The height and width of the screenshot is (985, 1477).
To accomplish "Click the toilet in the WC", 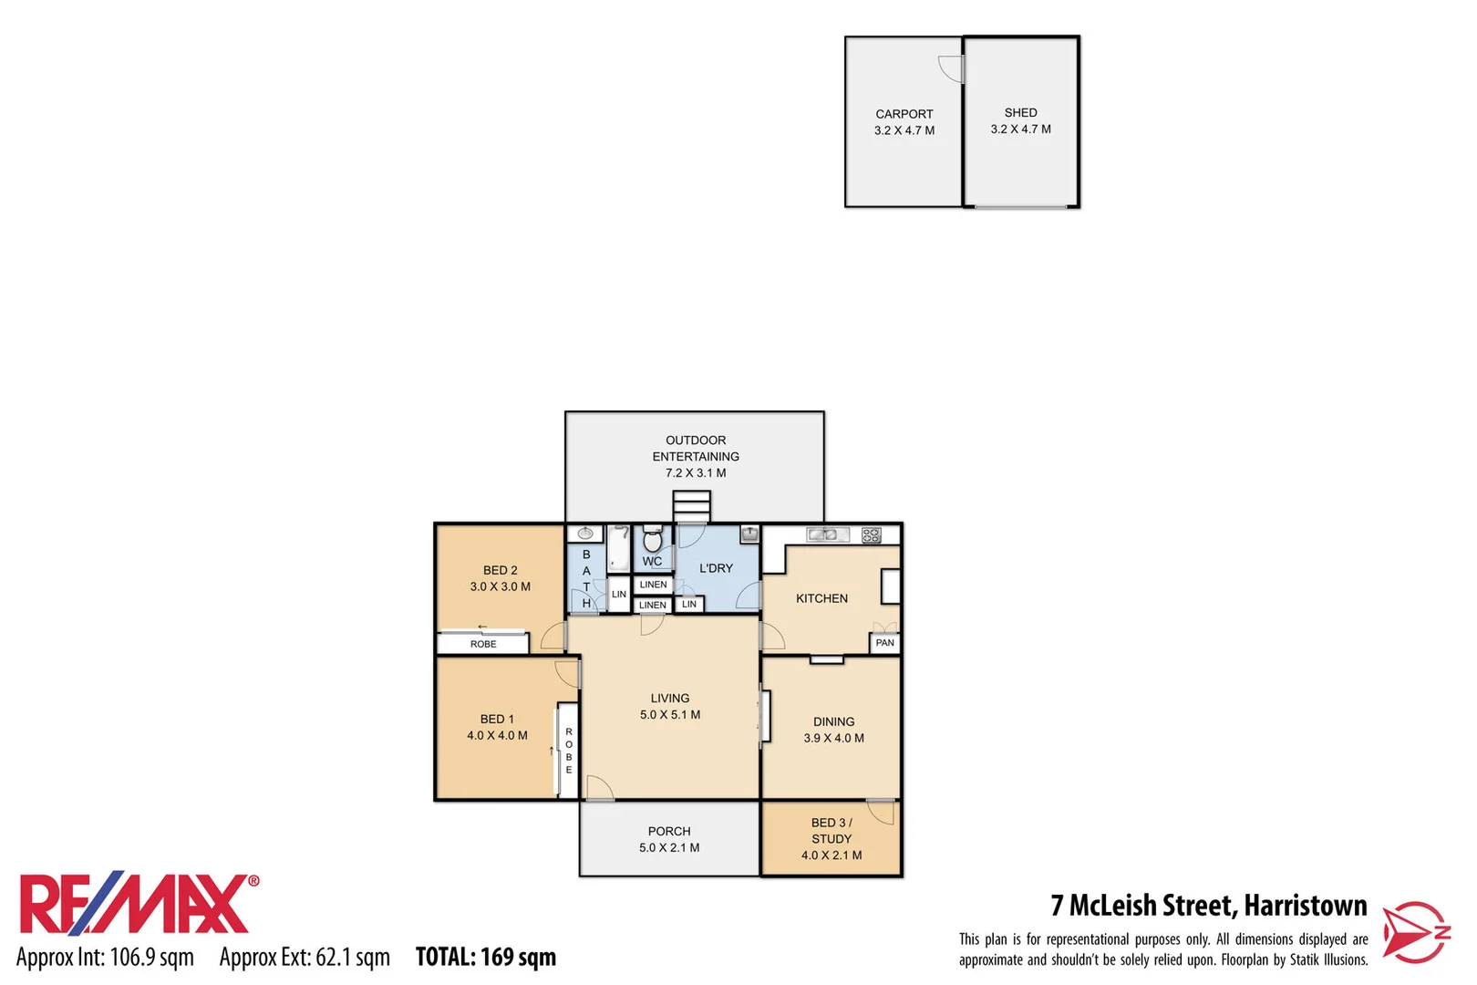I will pos(653,539).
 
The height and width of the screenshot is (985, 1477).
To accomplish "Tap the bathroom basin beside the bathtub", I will pos(585,534).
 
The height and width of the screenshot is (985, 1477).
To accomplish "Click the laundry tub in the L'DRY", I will pos(749,534).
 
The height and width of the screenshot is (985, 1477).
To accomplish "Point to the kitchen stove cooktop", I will pos(871,535).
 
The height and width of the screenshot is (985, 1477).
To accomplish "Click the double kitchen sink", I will pos(827,534).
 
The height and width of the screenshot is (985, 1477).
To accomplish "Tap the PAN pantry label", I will pos(884,643).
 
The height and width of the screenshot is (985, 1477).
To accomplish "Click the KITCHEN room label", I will pos(821,598).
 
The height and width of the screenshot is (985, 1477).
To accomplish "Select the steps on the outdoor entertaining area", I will pos(691,505).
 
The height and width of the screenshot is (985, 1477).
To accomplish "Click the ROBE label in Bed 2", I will pos(483,644).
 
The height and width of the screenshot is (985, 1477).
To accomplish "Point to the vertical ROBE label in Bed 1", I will pos(569,751).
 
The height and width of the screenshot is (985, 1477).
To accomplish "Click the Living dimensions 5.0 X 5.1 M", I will pos(670,715).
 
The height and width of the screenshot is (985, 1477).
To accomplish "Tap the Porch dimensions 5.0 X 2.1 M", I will pos(669,848).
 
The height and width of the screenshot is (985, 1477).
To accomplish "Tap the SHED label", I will pos(1020,112).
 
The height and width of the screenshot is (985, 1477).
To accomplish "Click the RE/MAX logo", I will pos(137,905).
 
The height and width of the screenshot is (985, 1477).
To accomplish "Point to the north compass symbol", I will pos(1416,931).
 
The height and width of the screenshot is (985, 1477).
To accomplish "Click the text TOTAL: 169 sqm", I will pos(485,957).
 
